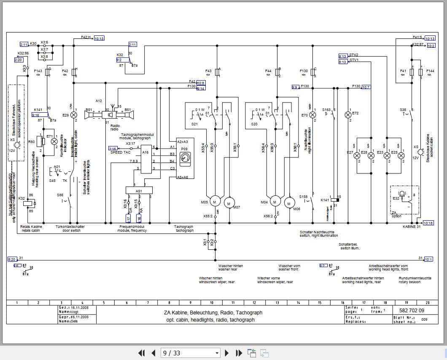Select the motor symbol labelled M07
229,203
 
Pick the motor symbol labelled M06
289,203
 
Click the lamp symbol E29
74,115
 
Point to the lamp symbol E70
312,115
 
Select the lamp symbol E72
348,114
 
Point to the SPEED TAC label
120,152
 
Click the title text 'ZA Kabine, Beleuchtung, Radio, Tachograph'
213,313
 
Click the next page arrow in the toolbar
227,353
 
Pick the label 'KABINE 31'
412,227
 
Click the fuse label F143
38,71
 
